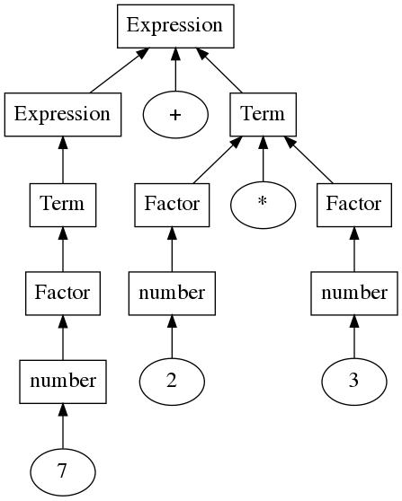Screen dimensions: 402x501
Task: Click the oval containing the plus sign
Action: click(x=175, y=115)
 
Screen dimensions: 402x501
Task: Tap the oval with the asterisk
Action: click(x=264, y=205)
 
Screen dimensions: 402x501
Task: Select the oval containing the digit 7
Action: click(x=63, y=472)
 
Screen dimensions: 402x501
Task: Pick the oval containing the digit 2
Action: click(x=172, y=382)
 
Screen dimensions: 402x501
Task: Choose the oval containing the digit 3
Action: click(x=354, y=382)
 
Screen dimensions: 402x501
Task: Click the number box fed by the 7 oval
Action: click(x=63, y=382)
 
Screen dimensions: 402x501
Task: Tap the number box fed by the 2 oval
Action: click(x=172, y=294)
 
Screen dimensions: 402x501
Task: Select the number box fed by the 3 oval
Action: click(x=354, y=294)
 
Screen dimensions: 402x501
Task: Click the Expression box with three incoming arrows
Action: click(x=175, y=26)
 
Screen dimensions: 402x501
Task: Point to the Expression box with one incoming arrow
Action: click(x=63, y=115)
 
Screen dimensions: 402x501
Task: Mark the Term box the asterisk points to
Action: click(x=264, y=115)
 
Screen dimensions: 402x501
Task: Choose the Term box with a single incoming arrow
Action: click(x=63, y=205)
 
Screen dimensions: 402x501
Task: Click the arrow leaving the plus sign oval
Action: click(x=175, y=70)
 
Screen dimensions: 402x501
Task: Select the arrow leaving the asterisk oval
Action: click(x=264, y=159)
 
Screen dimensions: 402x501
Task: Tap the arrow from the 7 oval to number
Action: click(x=63, y=426)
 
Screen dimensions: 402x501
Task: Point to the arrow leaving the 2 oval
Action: click(x=172, y=337)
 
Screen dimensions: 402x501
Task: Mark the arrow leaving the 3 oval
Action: click(x=354, y=337)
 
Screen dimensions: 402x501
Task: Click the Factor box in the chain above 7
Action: click(x=63, y=294)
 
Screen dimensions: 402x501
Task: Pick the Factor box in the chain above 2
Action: click(x=172, y=205)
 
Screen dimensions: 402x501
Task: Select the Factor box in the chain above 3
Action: click(x=354, y=205)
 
